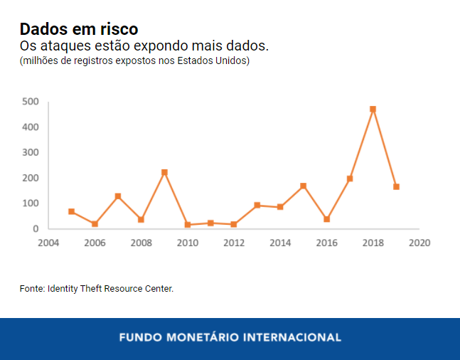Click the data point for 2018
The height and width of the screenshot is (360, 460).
tap(373, 110)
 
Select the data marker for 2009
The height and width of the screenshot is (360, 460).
tap(164, 172)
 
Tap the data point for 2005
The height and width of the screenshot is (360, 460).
tap(71, 211)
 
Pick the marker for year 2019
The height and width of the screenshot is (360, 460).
tap(396, 186)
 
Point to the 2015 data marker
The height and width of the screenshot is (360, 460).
tap(303, 186)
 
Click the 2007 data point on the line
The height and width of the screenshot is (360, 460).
tap(118, 196)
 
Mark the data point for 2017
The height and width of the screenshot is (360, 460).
tap(350, 179)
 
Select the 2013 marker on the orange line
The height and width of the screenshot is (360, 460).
tap(257, 205)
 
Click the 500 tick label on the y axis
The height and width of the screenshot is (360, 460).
tap(30, 102)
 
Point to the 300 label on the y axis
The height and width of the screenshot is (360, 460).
tap(30, 152)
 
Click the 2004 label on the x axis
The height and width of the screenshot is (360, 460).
tap(48, 243)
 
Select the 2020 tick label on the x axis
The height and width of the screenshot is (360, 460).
tap(419, 243)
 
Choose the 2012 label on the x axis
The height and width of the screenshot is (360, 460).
tap(234, 243)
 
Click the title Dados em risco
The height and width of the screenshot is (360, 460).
tap(79, 29)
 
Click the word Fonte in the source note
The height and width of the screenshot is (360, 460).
tap(31, 289)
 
